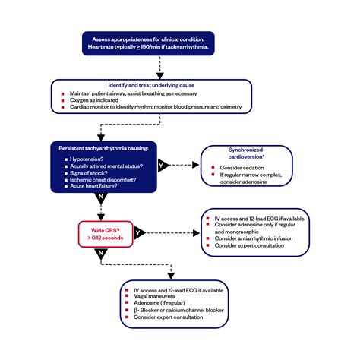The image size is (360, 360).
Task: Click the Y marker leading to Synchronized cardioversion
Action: (x=161, y=163)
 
